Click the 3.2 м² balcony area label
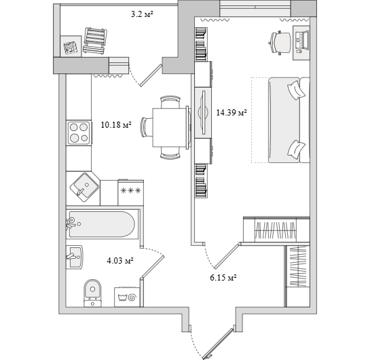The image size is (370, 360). click(x=142, y=15)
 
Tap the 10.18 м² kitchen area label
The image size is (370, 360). click(x=116, y=125)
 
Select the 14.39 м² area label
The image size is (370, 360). click(x=232, y=112)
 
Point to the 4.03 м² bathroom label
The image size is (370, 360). click(x=120, y=261)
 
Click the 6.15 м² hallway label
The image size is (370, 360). click(x=223, y=277)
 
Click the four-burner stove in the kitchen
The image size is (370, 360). click(x=79, y=132)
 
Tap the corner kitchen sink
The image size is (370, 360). click(x=84, y=187)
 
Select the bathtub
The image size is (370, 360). click(x=102, y=224)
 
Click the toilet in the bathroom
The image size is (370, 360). click(x=93, y=293)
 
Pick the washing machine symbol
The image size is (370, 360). click(x=128, y=297)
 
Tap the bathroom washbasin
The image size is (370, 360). click(x=74, y=257)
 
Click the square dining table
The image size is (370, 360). click(x=170, y=127)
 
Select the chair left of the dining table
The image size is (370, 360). click(x=147, y=127)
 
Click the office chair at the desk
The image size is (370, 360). click(x=280, y=43)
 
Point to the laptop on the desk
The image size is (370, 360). click(x=302, y=41)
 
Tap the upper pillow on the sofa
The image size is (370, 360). click(x=297, y=90)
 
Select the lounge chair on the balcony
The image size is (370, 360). click(x=95, y=41)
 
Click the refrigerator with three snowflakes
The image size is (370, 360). click(x=131, y=192)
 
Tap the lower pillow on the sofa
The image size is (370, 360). click(x=297, y=149)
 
